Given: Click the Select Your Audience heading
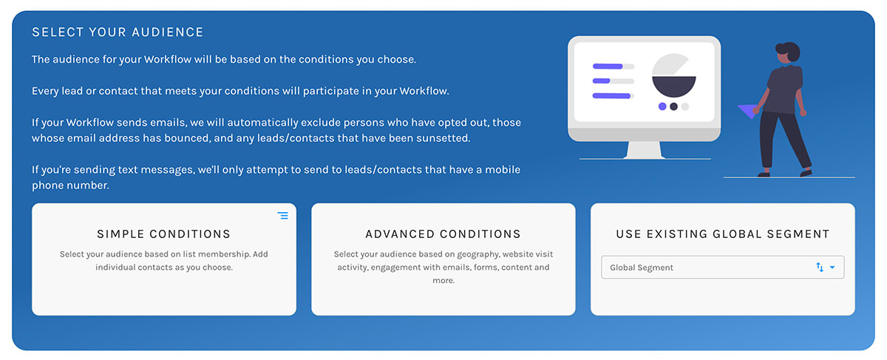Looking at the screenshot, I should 118,33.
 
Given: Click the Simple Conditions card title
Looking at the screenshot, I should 163,234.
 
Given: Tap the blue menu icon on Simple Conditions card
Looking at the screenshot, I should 283,216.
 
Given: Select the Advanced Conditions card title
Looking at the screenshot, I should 443,234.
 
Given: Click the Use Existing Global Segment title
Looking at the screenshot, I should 722,234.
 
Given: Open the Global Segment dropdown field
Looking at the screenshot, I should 710,268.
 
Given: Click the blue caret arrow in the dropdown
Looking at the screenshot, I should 832,268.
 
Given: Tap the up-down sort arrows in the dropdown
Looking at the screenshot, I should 820,268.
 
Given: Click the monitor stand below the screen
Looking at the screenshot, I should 645,149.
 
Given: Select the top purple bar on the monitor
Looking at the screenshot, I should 608,66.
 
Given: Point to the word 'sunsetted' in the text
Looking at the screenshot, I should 442,138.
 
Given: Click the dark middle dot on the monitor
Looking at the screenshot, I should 673,106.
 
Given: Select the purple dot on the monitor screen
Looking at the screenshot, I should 662,106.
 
